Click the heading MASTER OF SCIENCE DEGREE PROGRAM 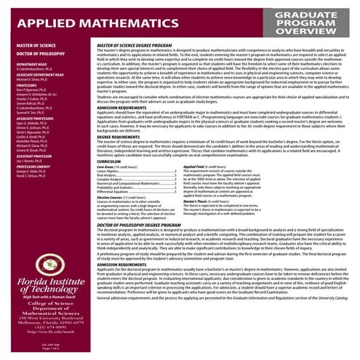tap(145, 65)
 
